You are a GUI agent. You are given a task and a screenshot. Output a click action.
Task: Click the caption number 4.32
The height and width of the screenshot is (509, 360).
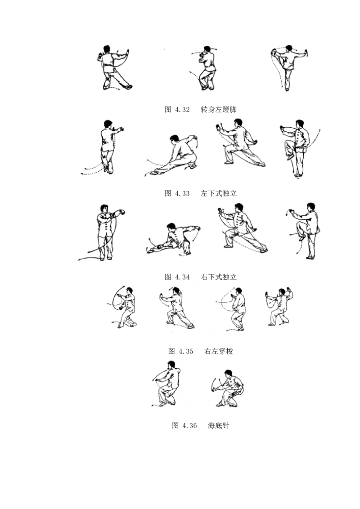182,109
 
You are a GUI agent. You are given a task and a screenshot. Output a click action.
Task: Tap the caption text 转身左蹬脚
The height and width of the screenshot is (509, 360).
219,109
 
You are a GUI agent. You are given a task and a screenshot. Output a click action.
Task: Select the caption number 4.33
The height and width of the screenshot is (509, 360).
182,193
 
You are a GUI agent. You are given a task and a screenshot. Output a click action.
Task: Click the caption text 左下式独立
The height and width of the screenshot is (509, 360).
219,193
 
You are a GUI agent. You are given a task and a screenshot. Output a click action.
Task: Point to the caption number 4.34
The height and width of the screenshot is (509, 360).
182,277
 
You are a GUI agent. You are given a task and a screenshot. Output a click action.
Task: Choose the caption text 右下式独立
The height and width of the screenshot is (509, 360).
219,277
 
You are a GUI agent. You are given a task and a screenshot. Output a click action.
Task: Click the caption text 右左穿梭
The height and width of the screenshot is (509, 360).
219,351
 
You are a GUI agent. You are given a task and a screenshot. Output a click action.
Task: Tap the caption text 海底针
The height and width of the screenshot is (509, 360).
219,425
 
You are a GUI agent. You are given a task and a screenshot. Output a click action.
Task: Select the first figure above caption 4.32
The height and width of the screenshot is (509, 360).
114,67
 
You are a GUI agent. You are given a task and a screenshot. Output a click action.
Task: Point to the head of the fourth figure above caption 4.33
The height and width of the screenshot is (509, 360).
300,124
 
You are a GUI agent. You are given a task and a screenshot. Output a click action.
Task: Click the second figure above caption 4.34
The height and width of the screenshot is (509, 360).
174,239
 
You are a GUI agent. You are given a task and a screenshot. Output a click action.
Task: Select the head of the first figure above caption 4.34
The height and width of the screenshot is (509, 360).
104,208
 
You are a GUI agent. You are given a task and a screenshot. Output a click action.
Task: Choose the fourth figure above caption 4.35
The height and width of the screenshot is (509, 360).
279,307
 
